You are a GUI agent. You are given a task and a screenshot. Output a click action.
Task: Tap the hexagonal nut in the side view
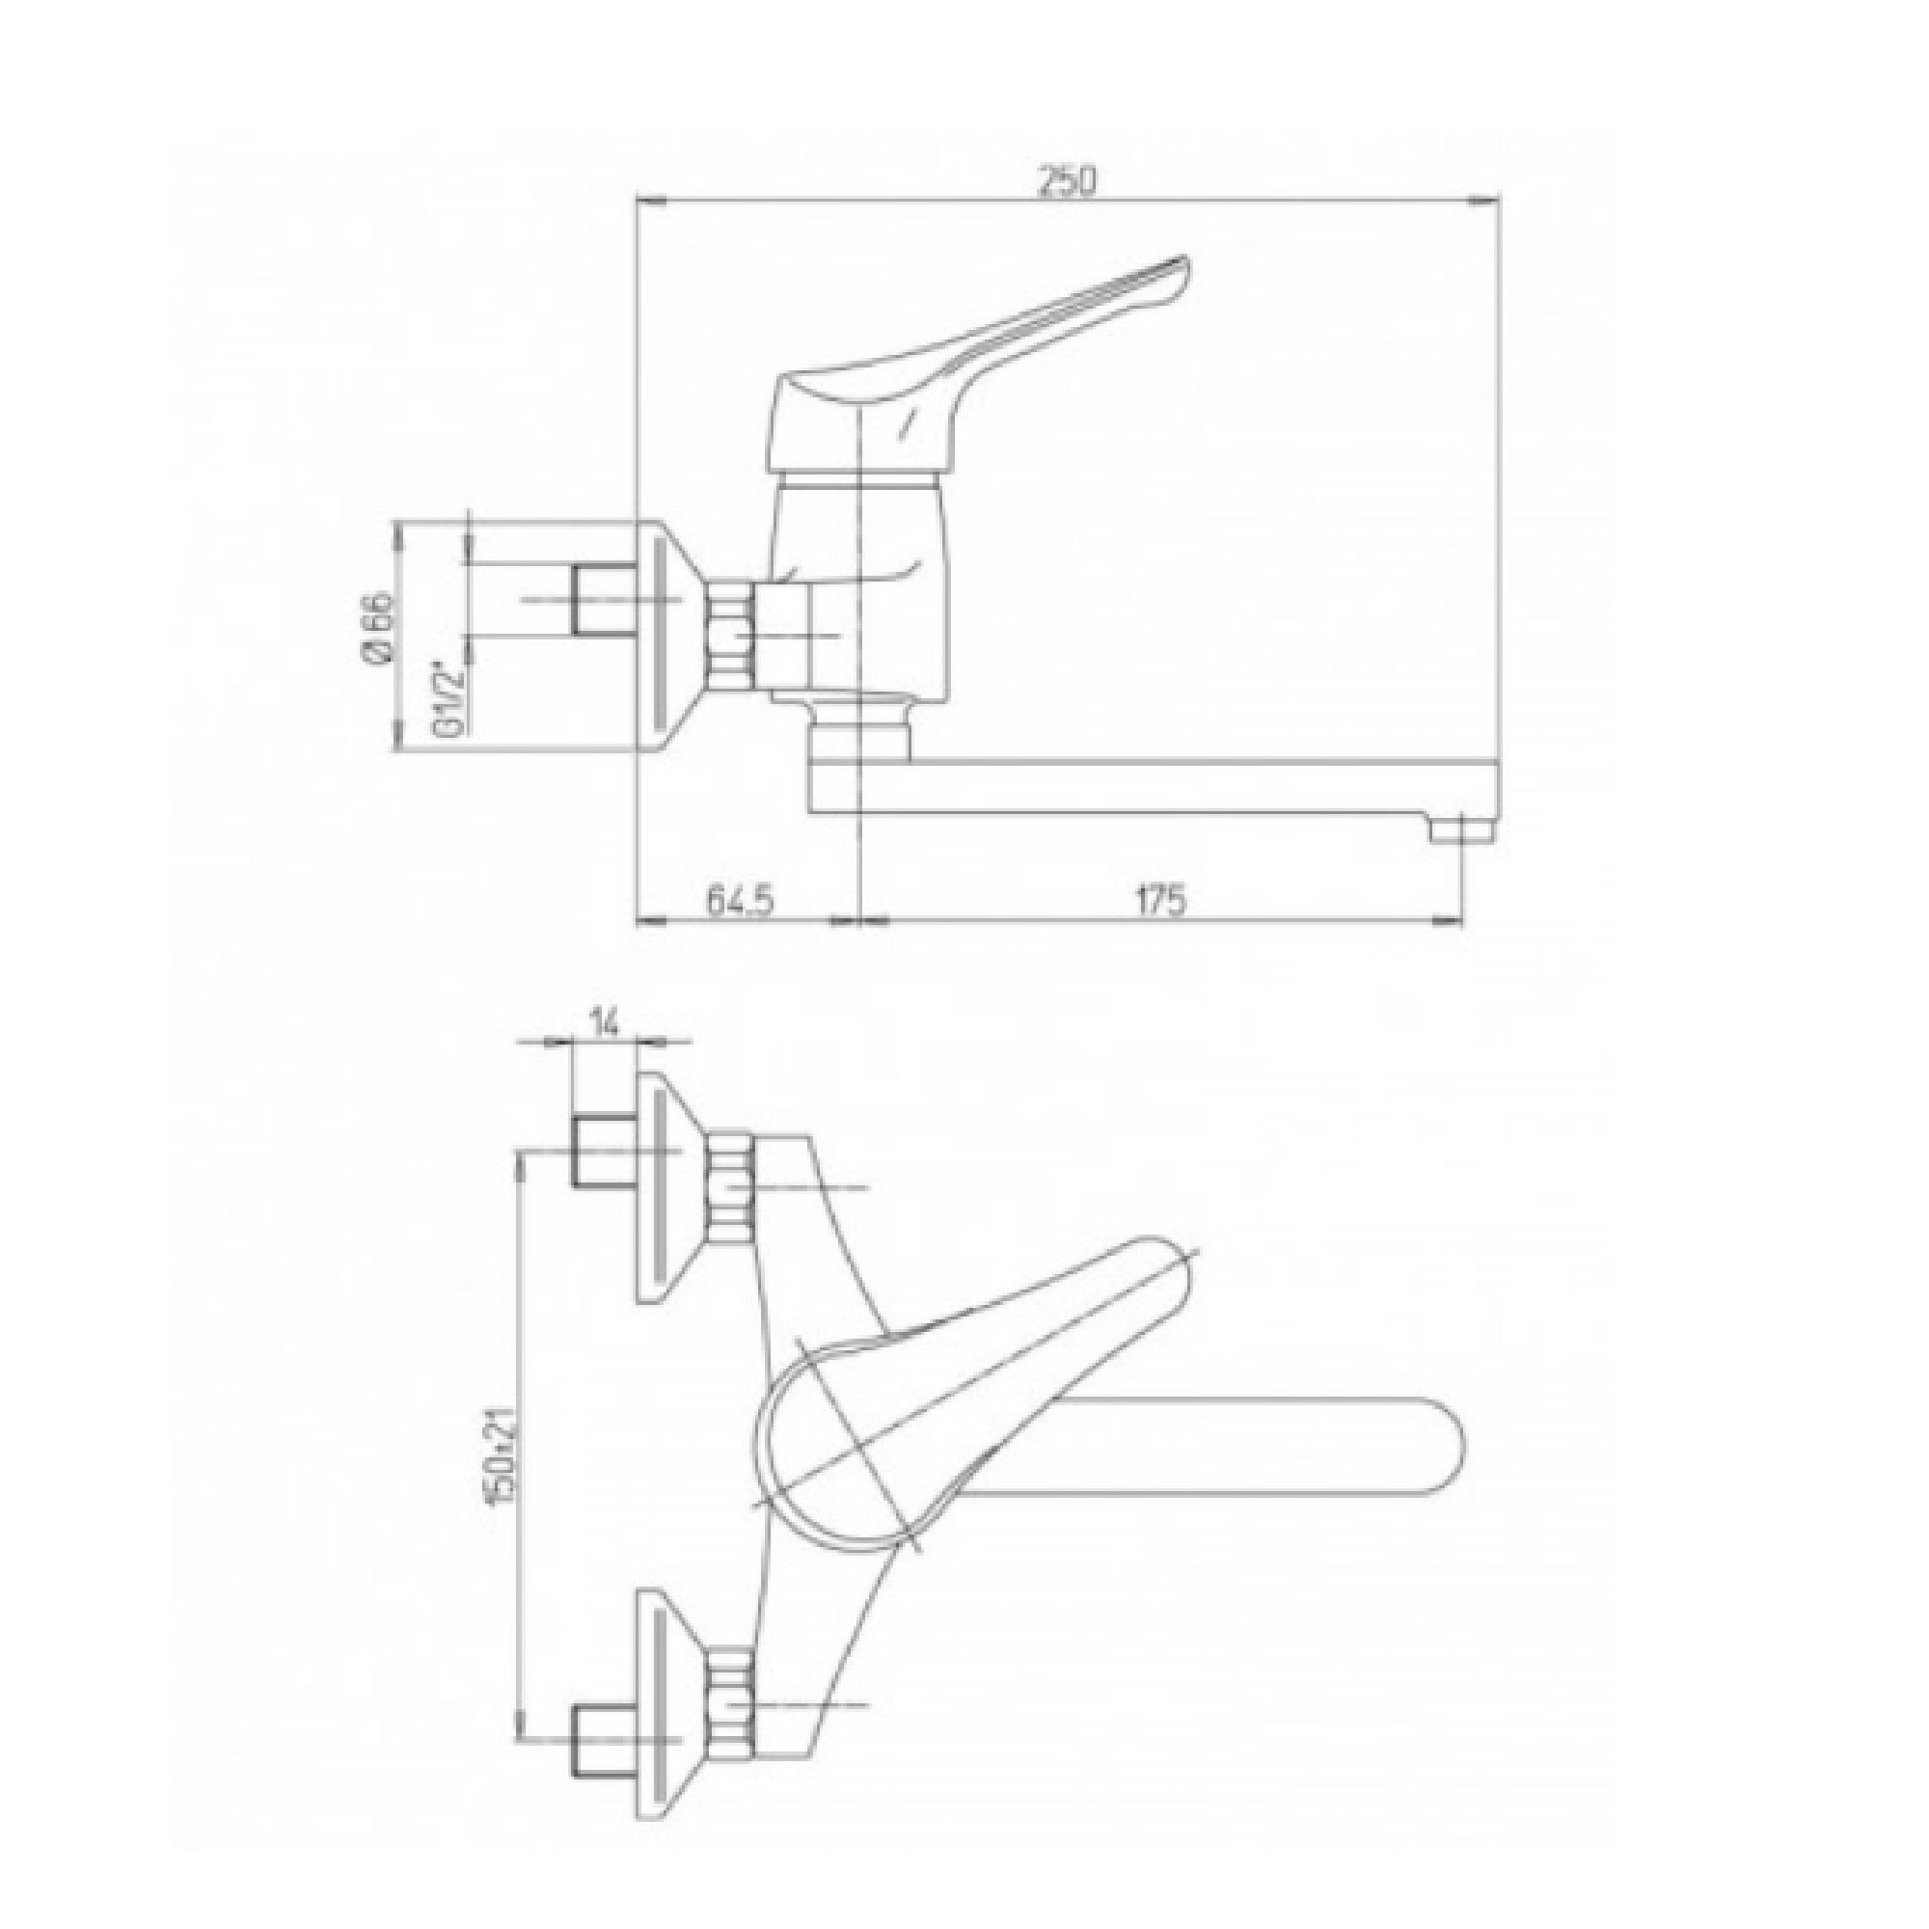click(x=729, y=635)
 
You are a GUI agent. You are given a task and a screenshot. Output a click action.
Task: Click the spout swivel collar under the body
click(x=858, y=740)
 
